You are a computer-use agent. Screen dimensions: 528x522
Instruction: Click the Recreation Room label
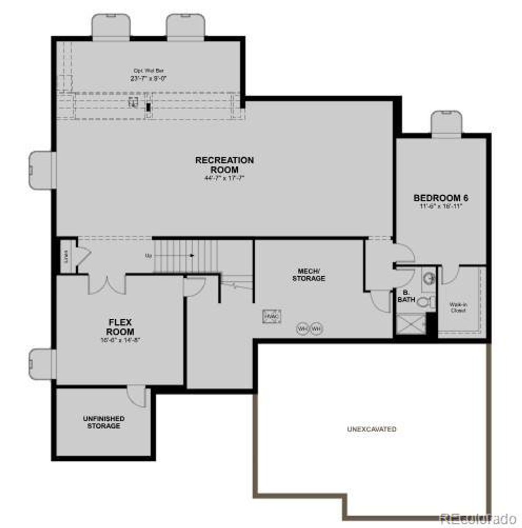tap(224, 165)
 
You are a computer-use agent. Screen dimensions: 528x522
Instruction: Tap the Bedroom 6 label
tap(441, 198)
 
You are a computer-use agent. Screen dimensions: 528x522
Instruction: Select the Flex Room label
tap(120, 327)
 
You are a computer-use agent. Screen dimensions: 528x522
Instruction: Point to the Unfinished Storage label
tap(104, 422)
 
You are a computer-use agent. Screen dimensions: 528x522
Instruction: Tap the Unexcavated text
tap(372, 429)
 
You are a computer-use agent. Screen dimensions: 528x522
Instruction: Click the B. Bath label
tap(406, 296)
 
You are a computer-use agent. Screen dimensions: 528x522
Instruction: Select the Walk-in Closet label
tap(458, 307)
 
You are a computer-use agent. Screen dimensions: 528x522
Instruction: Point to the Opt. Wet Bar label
tap(148, 71)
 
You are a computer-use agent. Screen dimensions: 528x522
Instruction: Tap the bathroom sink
tap(429, 279)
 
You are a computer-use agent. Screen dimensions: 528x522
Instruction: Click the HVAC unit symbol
tap(272, 316)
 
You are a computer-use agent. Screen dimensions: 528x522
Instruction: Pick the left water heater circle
tap(302, 328)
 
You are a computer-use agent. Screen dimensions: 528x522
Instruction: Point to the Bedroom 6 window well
tap(447, 123)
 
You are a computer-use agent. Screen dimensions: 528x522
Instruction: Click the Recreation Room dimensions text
tap(224, 178)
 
